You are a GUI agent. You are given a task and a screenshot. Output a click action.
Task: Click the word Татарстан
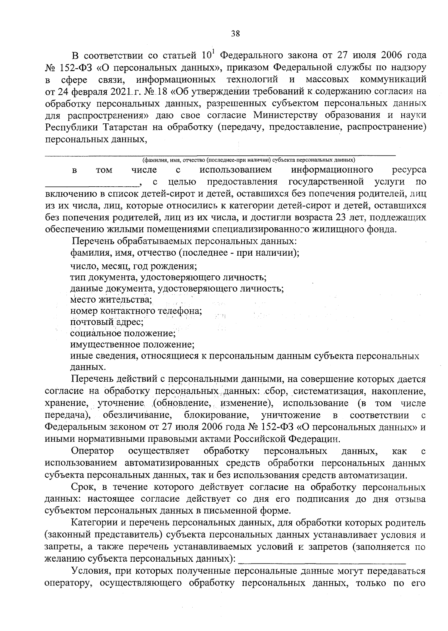124,127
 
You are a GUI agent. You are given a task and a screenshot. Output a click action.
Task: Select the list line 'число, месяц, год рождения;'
134,266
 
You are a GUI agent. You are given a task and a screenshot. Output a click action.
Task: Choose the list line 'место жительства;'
111,300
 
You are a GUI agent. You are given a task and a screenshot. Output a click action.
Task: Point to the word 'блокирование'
216,415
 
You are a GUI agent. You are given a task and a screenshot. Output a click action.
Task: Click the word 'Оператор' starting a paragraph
93,451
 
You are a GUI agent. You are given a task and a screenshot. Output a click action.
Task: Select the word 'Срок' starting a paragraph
83,487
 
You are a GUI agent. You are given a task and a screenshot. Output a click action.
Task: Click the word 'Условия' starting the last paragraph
91,571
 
